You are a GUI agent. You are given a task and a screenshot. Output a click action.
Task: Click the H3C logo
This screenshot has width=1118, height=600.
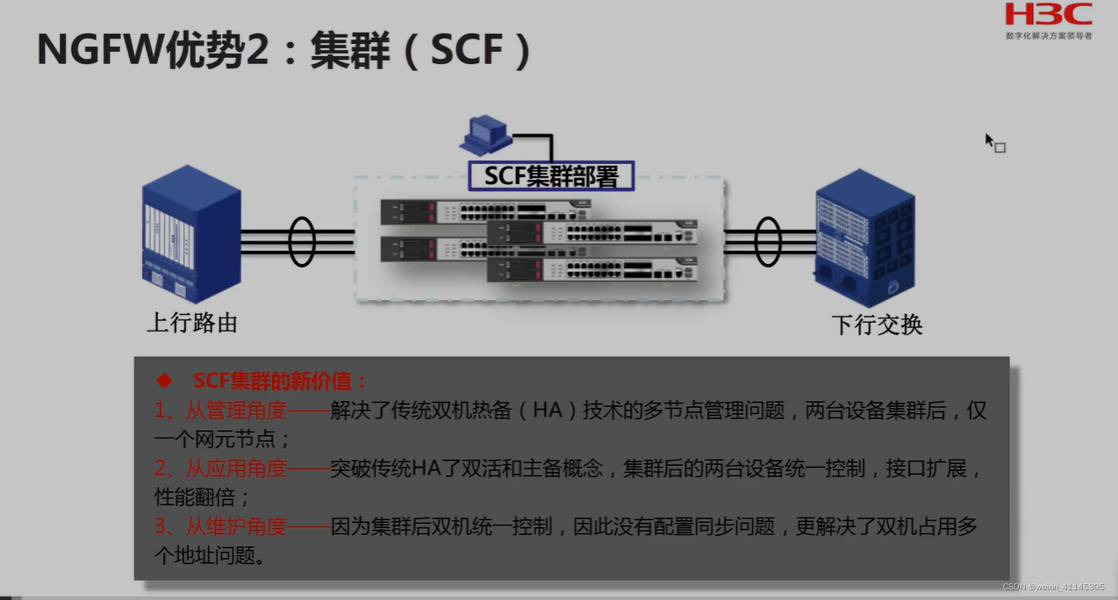pyautogui.click(x=1049, y=16)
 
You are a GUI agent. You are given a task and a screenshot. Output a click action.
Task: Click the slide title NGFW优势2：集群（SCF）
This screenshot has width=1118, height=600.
pyautogui.click(x=284, y=51)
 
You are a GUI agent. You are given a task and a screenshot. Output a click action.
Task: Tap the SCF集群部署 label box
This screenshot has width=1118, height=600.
pyautogui.click(x=551, y=175)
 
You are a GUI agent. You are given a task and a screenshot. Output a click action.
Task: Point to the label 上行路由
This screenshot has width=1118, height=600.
pyautogui.click(x=192, y=323)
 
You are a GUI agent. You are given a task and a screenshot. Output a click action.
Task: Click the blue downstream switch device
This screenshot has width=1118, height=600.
pyautogui.click(x=865, y=232)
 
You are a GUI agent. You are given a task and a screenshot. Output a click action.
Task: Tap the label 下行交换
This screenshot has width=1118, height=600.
pyautogui.click(x=877, y=325)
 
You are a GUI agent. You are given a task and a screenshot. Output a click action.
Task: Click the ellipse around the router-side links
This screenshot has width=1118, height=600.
pyautogui.click(x=302, y=241)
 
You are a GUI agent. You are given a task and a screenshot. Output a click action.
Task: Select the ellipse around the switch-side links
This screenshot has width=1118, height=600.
pyautogui.click(x=767, y=241)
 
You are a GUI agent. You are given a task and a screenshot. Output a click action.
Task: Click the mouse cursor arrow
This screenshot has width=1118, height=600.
pyautogui.click(x=990, y=140)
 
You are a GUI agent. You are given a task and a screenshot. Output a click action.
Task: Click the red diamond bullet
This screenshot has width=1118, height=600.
pyautogui.click(x=163, y=381)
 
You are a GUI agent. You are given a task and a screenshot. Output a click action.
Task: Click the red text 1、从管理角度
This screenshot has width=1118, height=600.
pyautogui.click(x=221, y=411)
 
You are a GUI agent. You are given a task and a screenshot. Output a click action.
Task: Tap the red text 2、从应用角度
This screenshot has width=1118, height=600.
pyautogui.click(x=221, y=468)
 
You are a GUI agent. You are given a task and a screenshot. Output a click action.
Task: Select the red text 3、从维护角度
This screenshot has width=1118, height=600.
pyautogui.click(x=221, y=526)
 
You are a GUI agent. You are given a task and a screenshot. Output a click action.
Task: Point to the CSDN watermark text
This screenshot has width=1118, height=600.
pyautogui.click(x=1053, y=587)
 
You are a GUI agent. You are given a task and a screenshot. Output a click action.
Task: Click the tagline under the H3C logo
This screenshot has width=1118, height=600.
pyautogui.click(x=1049, y=36)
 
